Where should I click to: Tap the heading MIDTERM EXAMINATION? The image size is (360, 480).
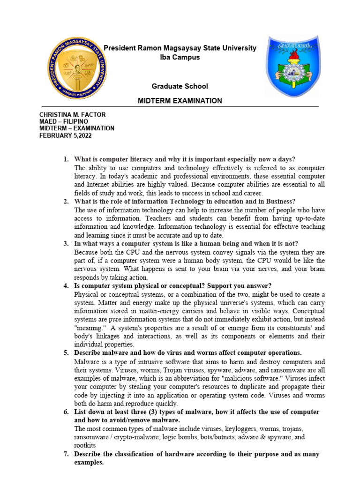[180, 101]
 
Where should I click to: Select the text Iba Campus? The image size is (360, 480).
[180, 57]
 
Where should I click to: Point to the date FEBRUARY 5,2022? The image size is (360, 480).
[66, 135]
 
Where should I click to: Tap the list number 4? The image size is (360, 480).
[66, 286]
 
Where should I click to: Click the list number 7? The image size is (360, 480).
[66, 454]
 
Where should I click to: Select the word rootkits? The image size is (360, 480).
[85, 445]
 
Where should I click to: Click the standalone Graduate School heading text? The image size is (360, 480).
[180, 86]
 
